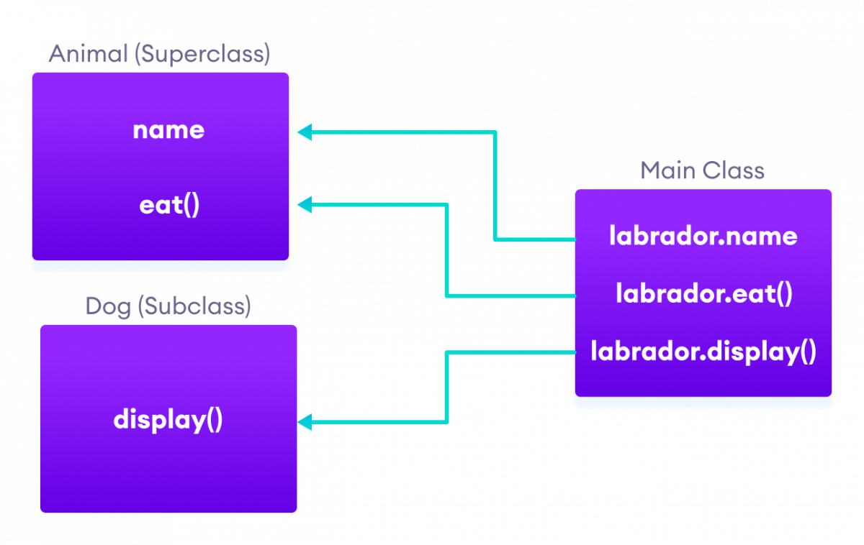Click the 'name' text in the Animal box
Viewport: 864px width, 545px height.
[x=168, y=130]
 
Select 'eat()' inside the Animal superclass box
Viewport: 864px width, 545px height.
[x=169, y=206]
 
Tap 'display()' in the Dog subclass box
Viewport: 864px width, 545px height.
[x=168, y=420]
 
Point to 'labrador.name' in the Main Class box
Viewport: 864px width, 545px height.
[x=703, y=236]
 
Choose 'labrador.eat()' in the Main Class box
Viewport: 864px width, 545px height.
[x=703, y=294]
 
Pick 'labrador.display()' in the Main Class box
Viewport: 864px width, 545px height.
[x=703, y=352]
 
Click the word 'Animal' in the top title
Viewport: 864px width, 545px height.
[x=88, y=55]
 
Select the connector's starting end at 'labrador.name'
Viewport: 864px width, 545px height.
[x=573, y=239]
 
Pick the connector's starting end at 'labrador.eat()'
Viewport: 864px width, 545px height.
[x=573, y=296]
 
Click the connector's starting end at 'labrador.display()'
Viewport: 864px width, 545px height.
[x=573, y=352]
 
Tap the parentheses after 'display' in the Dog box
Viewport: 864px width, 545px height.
[x=214, y=421]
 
